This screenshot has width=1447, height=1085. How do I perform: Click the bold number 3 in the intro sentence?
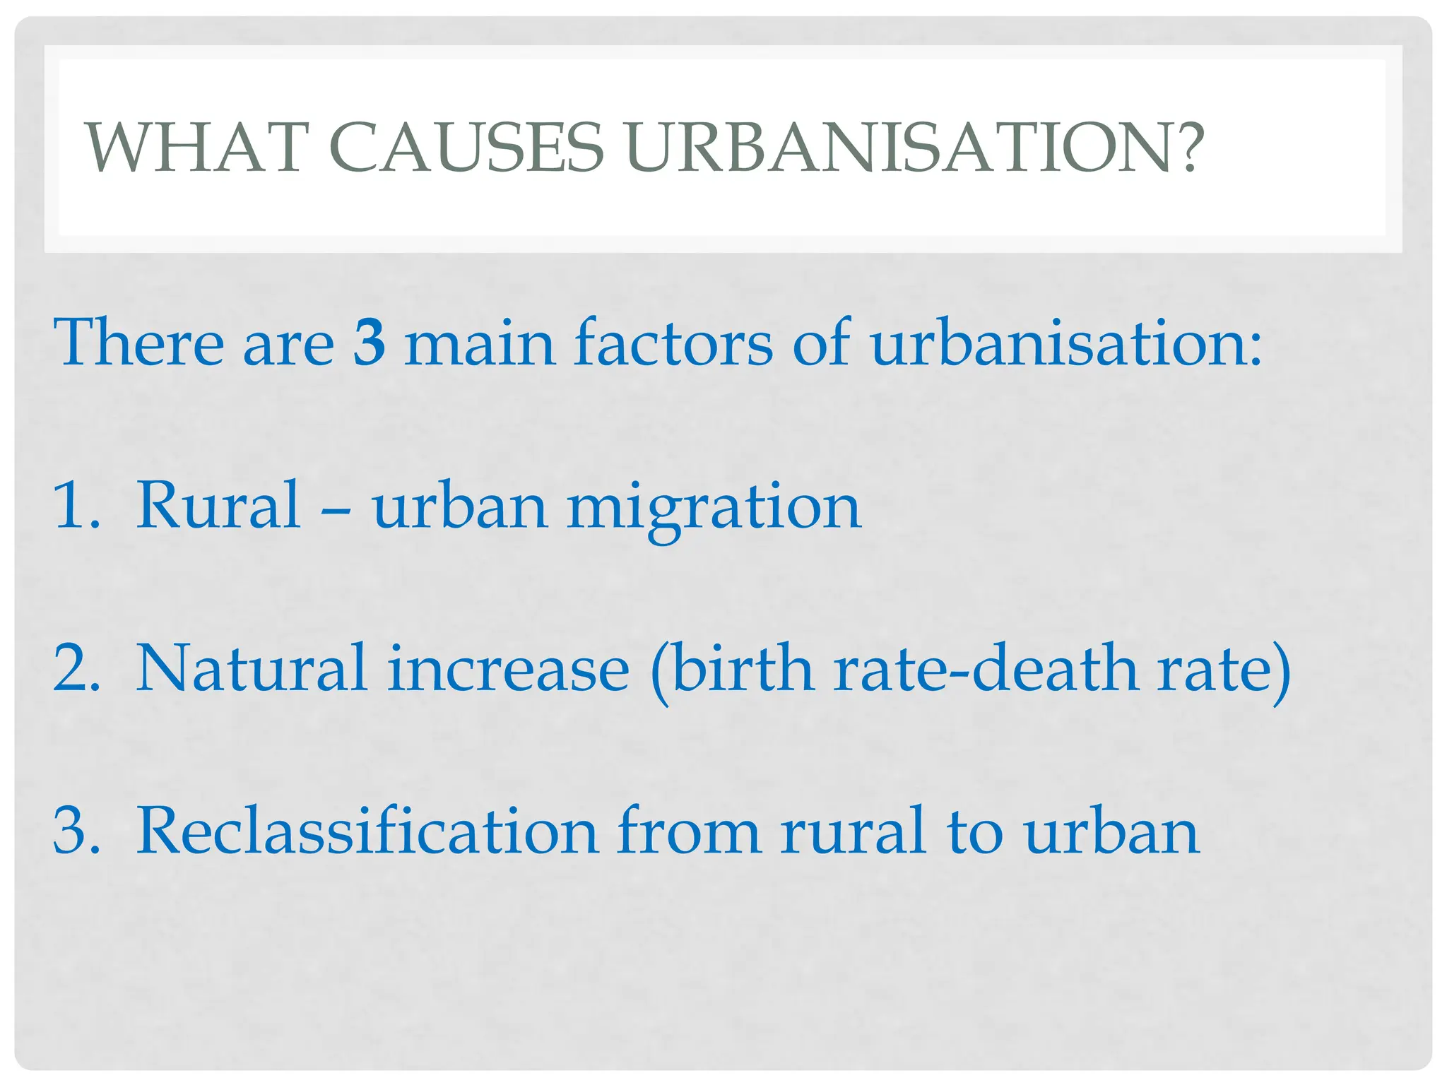click(x=370, y=343)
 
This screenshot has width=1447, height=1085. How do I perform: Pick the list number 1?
click(x=74, y=504)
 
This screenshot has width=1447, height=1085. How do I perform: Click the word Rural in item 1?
click(x=218, y=504)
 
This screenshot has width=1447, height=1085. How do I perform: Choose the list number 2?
click(x=74, y=668)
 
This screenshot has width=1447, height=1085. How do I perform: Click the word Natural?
click(x=251, y=668)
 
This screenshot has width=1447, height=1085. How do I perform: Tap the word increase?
click(x=508, y=668)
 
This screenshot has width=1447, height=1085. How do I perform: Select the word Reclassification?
click(x=367, y=831)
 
